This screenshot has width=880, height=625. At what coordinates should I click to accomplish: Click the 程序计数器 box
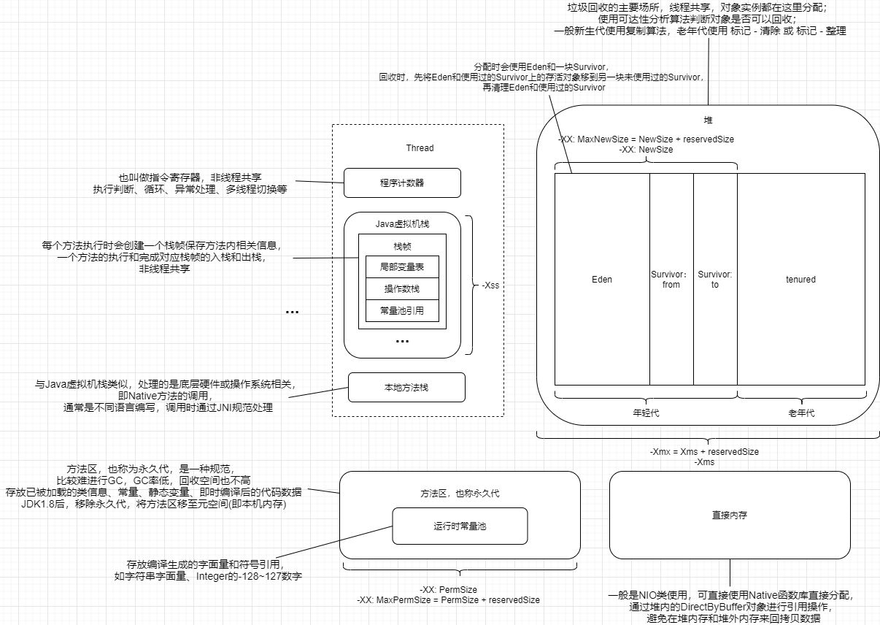tap(402, 183)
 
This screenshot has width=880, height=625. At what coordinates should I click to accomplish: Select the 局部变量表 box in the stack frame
tap(402, 267)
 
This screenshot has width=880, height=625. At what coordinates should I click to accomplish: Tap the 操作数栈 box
tap(402, 289)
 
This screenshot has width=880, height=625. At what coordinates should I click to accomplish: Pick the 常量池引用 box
tap(402, 311)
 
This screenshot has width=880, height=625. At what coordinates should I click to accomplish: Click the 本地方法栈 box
tap(406, 388)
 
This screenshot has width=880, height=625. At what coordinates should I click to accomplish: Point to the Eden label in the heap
tap(602, 280)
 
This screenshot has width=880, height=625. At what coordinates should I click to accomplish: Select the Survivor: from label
tap(671, 280)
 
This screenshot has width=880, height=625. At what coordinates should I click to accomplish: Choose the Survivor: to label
tap(715, 280)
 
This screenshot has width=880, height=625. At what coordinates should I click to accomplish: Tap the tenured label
tap(800, 280)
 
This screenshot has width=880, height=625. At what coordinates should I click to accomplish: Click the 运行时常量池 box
tap(460, 526)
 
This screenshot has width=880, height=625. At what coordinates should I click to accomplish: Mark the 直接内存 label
tap(730, 515)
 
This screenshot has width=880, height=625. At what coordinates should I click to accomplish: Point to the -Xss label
tap(491, 286)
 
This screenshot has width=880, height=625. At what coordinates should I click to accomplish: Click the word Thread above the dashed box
tap(420, 148)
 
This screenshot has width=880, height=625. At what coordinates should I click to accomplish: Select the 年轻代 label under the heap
tap(646, 413)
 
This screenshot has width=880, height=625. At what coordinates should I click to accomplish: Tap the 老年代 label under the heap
tap(801, 413)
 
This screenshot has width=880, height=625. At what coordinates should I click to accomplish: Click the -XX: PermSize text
tap(448, 589)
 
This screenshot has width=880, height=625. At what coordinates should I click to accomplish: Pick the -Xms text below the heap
tap(704, 462)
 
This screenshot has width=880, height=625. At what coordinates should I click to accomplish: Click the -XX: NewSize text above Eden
tap(646, 149)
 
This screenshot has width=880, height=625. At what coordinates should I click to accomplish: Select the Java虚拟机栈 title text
tap(402, 223)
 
